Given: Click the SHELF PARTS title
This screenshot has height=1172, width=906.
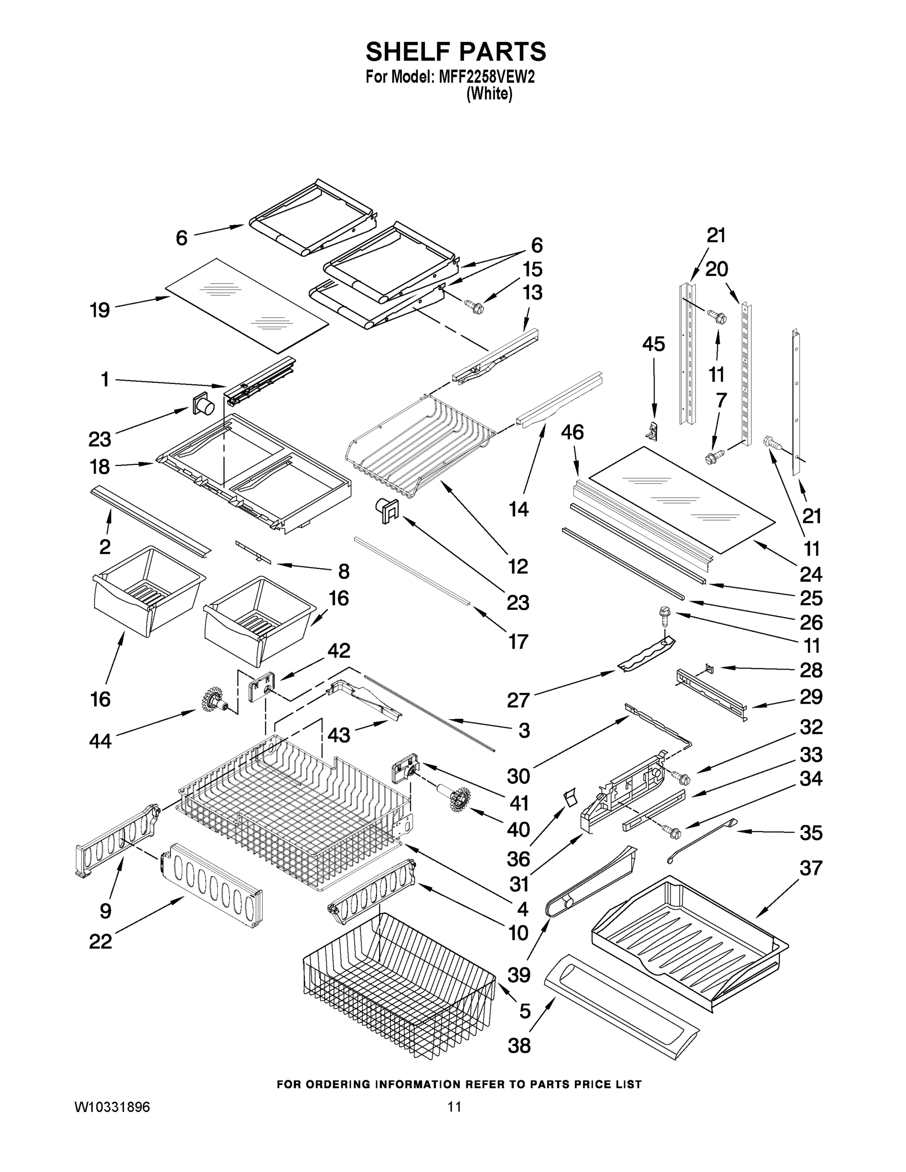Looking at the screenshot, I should click(x=456, y=52).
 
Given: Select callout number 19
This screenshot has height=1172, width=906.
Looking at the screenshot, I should click(x=100, y=310).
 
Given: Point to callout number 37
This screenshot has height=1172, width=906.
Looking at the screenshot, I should click(x=810, y=868).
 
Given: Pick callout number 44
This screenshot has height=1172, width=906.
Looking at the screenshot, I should click(x=101, y=741).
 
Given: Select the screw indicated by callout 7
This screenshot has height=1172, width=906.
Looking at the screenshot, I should click(x=713, y=458).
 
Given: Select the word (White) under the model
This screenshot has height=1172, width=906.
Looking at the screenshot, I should click(x=489, y=94).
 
